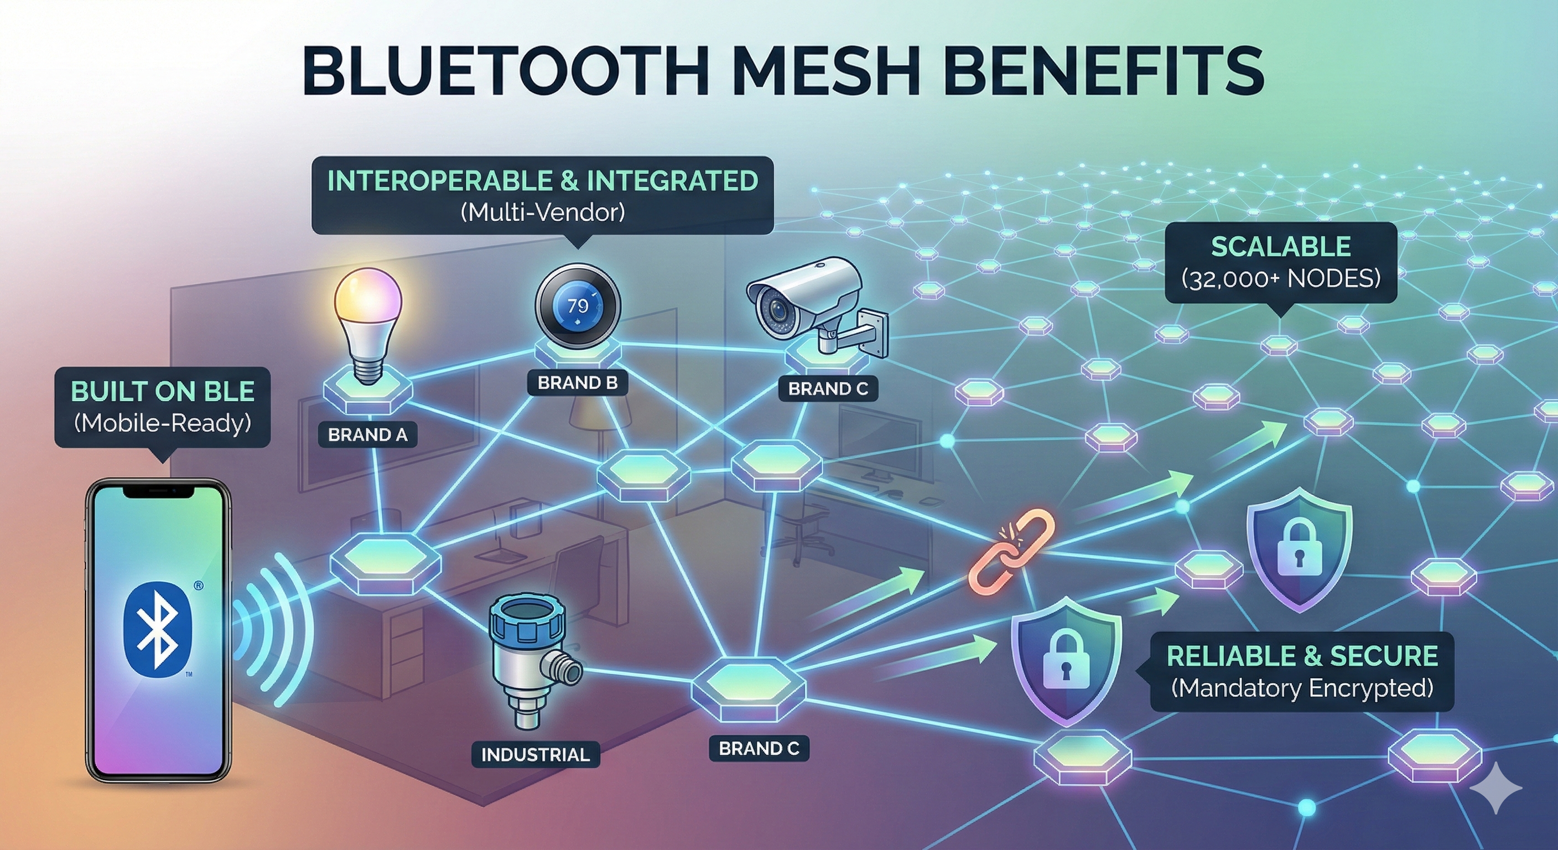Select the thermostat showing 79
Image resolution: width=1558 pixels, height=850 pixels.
click(578, 306)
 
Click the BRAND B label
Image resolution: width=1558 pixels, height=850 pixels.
click(578, 383)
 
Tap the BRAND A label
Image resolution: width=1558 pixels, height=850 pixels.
click(368, 435)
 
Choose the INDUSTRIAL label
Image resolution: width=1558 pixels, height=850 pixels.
click(535, 754)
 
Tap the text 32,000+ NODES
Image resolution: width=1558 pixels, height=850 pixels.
click(1281, 279)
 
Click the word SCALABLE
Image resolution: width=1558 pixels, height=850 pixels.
click(1281, 246)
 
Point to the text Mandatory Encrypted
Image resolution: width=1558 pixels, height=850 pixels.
click(1301, 688)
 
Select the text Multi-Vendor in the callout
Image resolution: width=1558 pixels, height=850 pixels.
click(543, 212)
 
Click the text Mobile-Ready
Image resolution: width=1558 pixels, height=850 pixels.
click(162, 422)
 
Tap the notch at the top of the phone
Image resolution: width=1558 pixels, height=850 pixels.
click(158, 491)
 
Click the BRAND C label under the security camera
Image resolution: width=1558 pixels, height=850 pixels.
click(828, 388)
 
